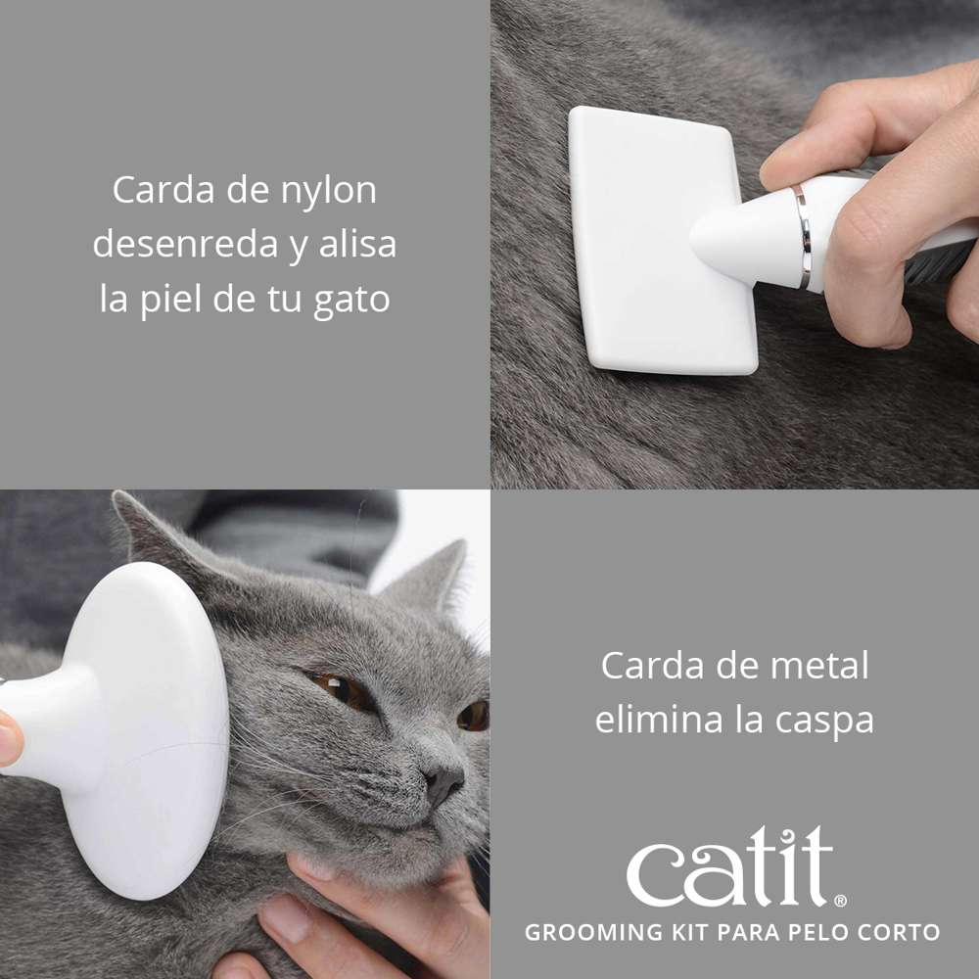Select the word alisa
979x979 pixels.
[x=357, y=245]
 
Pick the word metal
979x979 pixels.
[x=820, y=667]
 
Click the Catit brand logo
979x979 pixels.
[x=729, y=866]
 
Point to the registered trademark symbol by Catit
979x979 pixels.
[x=840, y=900]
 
